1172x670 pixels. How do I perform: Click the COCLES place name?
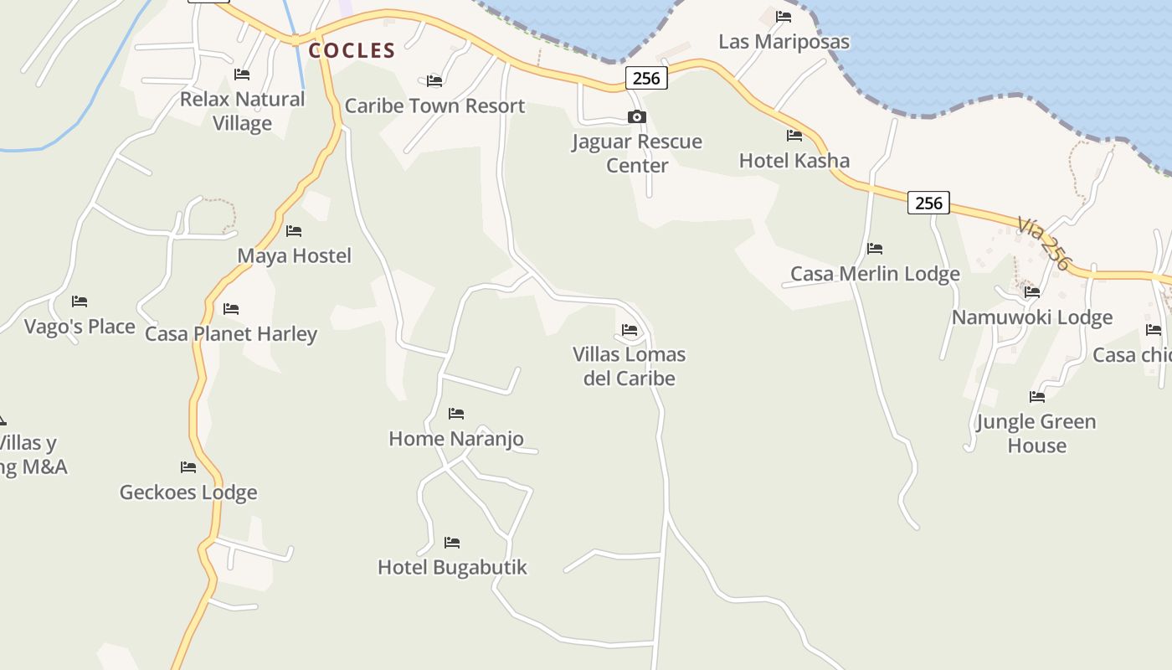coord(352,51)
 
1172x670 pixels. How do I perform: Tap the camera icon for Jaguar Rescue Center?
coord(637,117)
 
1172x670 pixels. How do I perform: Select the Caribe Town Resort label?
coord(434,106)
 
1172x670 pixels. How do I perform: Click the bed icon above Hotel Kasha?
coord(794,136)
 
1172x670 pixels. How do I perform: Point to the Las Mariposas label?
coord(784,42)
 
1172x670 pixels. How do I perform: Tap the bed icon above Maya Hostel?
coord(294,231)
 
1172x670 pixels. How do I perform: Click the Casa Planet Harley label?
coord(231,334)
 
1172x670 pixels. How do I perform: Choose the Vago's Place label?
coord(80,327)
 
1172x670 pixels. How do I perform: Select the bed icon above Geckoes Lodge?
coord(188,467)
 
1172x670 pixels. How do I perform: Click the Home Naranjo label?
coord(456,438)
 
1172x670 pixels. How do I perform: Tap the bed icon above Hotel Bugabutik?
coord(452,543)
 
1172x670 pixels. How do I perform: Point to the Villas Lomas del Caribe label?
coord(630,366)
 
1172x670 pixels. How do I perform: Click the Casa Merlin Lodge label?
coord(875,274)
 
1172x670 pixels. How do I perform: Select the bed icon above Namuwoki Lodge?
coord(1032,292)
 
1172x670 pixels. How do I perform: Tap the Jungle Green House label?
coord(1036,433)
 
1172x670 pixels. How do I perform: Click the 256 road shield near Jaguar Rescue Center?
coord(646,79)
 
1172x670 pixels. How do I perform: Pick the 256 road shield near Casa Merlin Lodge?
coord(928,203)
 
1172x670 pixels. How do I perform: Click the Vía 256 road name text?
coord(1044,244)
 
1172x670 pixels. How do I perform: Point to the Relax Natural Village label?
coord(242,111)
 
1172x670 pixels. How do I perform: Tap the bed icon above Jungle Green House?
coord(1037,397)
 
